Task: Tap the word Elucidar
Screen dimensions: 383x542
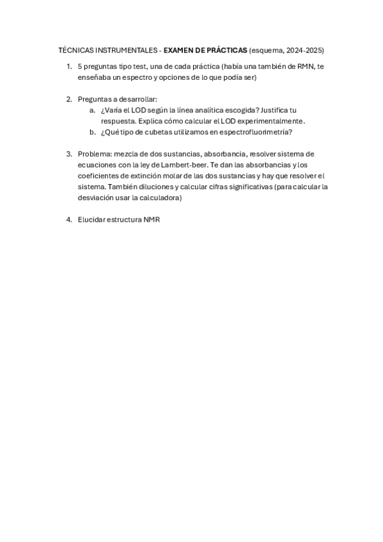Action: click(93, 220)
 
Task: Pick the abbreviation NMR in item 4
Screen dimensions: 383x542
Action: click(152, 220)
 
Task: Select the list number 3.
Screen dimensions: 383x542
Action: click(68, 154)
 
